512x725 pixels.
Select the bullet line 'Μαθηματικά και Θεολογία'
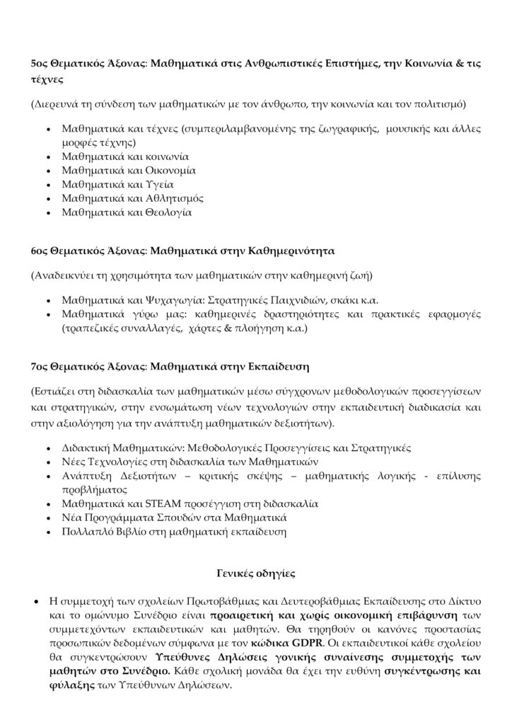pyautogui.click(x=127, y=211)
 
